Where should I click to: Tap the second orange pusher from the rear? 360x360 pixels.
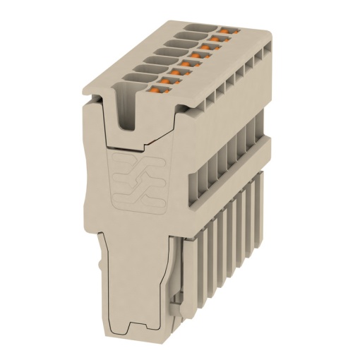pyautogui.click(x=218, y=38)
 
